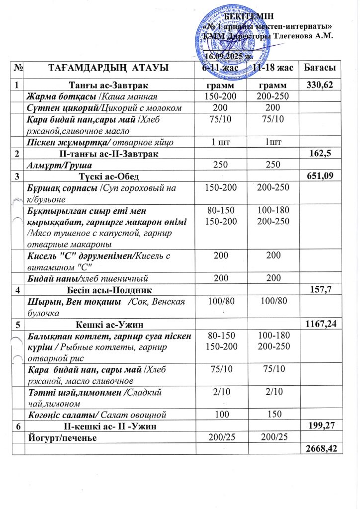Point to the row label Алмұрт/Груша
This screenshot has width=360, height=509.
pos(53,165)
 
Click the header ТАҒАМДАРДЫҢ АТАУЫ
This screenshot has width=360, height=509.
pos(108,67)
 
